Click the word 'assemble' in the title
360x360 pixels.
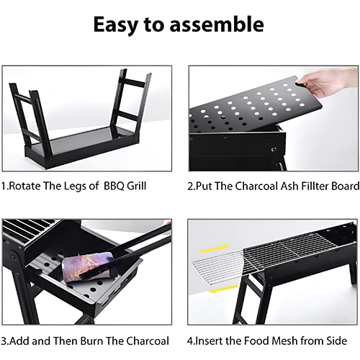tap(217, 24)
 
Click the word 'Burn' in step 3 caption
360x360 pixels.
tap(91, 341)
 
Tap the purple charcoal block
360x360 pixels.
tap(89, 266)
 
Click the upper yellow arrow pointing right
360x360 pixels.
tap(215, 248)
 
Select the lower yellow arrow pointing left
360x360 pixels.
tap(222, 289)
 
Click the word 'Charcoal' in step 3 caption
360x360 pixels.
tap(148, 341)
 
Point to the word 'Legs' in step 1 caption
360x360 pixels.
tap(75, 186)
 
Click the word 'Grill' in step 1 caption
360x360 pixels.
tap(136, 186)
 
